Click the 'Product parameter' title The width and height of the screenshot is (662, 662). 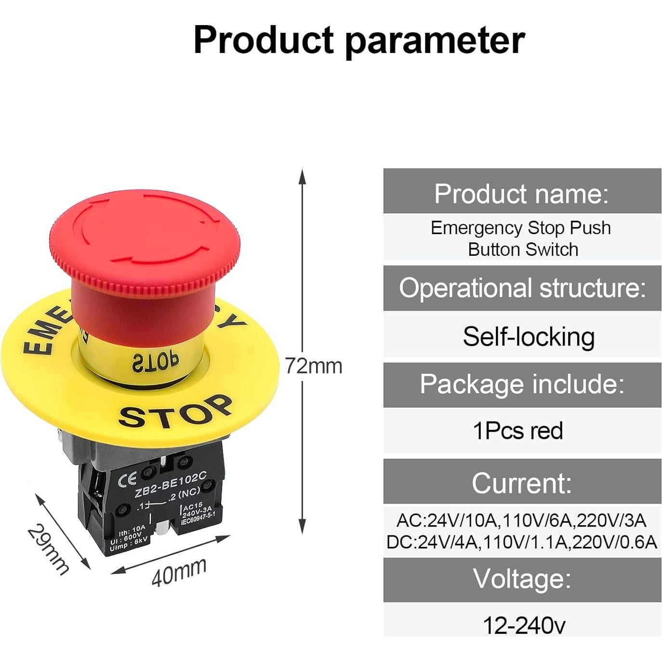359,40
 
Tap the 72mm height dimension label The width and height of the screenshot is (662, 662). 314,366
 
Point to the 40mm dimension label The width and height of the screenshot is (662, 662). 179,572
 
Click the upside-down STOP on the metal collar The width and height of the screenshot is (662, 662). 155,362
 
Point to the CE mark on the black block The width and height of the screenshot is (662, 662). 127,478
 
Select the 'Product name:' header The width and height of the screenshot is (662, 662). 522,194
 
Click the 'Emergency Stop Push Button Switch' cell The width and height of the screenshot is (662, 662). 522,238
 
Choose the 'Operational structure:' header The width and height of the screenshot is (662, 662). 522,288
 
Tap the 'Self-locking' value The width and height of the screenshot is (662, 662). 529,336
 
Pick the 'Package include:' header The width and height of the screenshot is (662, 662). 522,384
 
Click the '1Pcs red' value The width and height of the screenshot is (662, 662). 518,430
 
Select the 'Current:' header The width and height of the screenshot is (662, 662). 522,483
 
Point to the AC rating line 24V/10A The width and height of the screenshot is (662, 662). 522,520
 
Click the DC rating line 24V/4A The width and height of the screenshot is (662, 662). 522,542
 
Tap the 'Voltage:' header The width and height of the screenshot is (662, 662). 522,579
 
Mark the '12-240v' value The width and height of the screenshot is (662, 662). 524,625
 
